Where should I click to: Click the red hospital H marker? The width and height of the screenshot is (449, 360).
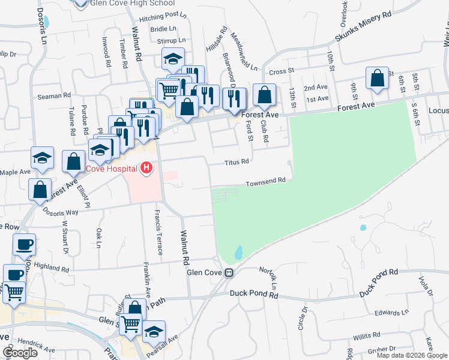click(x=146, y=169)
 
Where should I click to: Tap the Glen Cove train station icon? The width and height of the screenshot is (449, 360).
click(x=229, y=273)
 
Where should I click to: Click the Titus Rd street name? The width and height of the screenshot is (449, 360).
click(x=237, y=162)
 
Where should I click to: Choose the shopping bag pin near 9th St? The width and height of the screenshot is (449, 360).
click(x=377, y=79)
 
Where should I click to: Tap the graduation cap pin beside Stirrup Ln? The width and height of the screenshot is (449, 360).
click(x=173, y=59)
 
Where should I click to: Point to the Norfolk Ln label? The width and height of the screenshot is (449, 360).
click(x=268, y=277)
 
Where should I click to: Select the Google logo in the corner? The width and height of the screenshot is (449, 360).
click(x=19, y=353)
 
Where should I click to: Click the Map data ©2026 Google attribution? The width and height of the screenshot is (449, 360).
click(x=412, y=355)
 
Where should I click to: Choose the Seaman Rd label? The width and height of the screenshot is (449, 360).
click(x=55, y=95)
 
